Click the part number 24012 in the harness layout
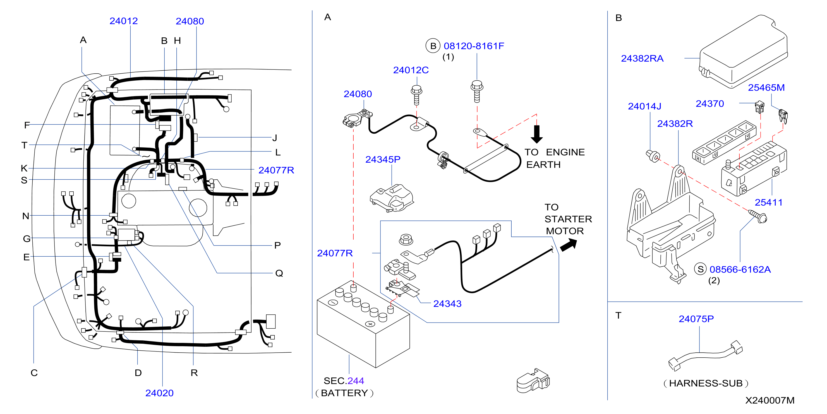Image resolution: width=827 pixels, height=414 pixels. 124,21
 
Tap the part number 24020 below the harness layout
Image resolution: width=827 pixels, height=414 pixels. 159,393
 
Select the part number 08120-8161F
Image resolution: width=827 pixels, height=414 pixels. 474,46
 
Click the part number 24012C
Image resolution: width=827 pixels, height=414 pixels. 411,70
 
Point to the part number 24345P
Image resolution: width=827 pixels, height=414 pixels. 383,159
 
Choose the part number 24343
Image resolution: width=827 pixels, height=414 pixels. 447,304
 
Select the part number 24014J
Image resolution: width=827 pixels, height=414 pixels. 644,106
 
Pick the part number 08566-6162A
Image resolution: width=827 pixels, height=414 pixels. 740,269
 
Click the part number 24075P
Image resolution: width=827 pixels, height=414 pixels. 696,319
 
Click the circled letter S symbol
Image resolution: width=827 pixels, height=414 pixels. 701,269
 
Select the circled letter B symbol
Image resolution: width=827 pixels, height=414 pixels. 433,46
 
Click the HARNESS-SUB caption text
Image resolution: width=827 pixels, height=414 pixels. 706,383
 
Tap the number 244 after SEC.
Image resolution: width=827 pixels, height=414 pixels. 355,381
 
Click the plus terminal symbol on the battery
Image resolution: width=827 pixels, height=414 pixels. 370,324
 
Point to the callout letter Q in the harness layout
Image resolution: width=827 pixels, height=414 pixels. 279,273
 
